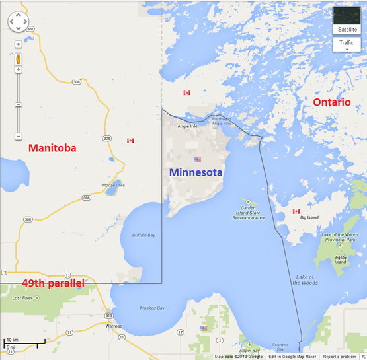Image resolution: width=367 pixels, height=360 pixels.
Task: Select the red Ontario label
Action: coord(331,102)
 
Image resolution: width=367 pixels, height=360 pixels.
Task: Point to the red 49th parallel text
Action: coord(53,283)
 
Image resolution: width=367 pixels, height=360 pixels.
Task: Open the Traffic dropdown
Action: coord(347,44)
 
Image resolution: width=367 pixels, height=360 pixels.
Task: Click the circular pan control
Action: coord(19,21)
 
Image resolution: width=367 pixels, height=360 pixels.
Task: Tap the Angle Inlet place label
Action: coord(188,126)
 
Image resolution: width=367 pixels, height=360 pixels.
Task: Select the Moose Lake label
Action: coord(114,185)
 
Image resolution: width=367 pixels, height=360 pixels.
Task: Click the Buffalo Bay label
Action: coord(143,234)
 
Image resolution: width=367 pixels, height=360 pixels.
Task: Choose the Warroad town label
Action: coord(113,326)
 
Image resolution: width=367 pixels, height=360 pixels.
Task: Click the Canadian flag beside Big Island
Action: coord(296,211)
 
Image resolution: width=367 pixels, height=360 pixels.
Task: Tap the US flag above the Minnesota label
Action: coord(196,160)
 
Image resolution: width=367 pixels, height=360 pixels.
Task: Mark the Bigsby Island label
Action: coord(340,260)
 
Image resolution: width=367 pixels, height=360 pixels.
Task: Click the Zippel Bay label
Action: coord(249,350)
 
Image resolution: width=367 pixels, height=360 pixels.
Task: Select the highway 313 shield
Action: coord(109,316)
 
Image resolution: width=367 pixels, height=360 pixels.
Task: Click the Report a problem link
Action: coord(339,357)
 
